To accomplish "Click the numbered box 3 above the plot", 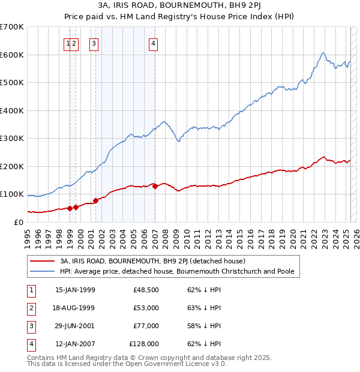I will [94, 43].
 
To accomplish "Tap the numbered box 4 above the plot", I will [154, 43].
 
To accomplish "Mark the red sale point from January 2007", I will [155, 186].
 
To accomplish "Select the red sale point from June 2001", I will [95, 200].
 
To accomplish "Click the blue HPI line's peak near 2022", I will [323, 53].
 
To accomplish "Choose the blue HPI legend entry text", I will [177, 271].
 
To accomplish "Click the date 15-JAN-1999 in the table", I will [75, 290].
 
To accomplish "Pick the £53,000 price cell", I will [146, 308].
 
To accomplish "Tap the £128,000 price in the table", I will [144, 344].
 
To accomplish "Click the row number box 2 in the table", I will [30, 308].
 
